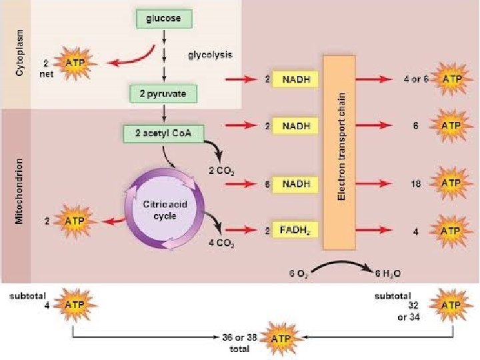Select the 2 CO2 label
[220, 171]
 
